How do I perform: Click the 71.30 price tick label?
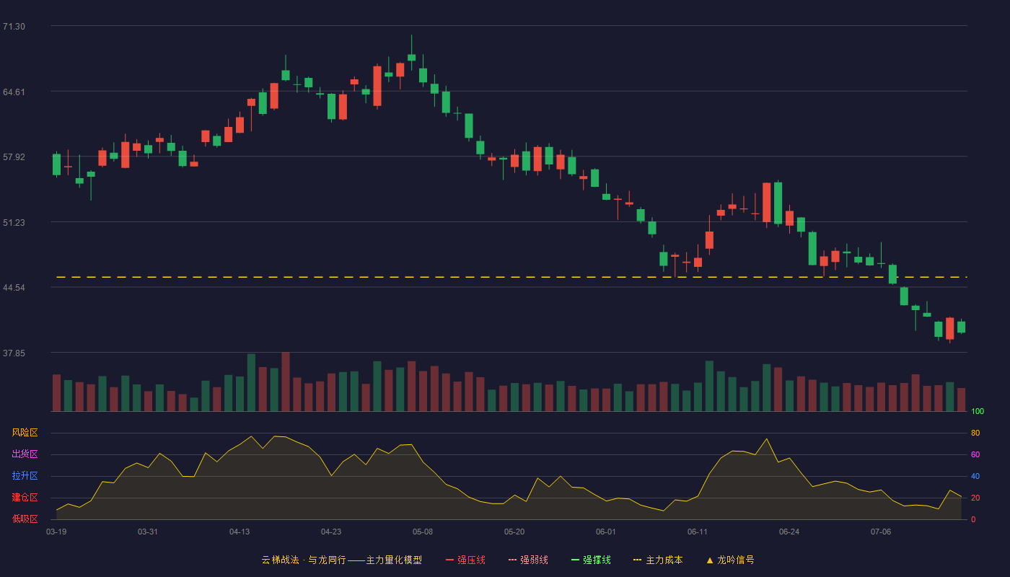point(14,27)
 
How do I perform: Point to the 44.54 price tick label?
point(14,288)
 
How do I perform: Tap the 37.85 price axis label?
point(14,353)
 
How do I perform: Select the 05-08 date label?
point(423,532)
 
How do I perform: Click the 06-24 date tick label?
point(789,532)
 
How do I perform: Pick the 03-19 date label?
point(56,532)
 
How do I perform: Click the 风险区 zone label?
point(25,433)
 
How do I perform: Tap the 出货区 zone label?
point(25,454)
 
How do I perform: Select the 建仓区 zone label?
point(25,497)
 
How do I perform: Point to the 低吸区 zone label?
point(25,519)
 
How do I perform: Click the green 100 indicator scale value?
point(978,411)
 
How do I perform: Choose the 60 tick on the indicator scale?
point(975,454)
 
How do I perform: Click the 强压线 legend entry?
point(465,560)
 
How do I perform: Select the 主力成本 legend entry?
point(658,560)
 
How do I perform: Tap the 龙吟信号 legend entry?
point(730,560)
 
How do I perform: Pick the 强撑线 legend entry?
point(591,560)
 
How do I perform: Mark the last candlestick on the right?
point(961,327)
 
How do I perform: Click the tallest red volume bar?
point(286,382)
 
